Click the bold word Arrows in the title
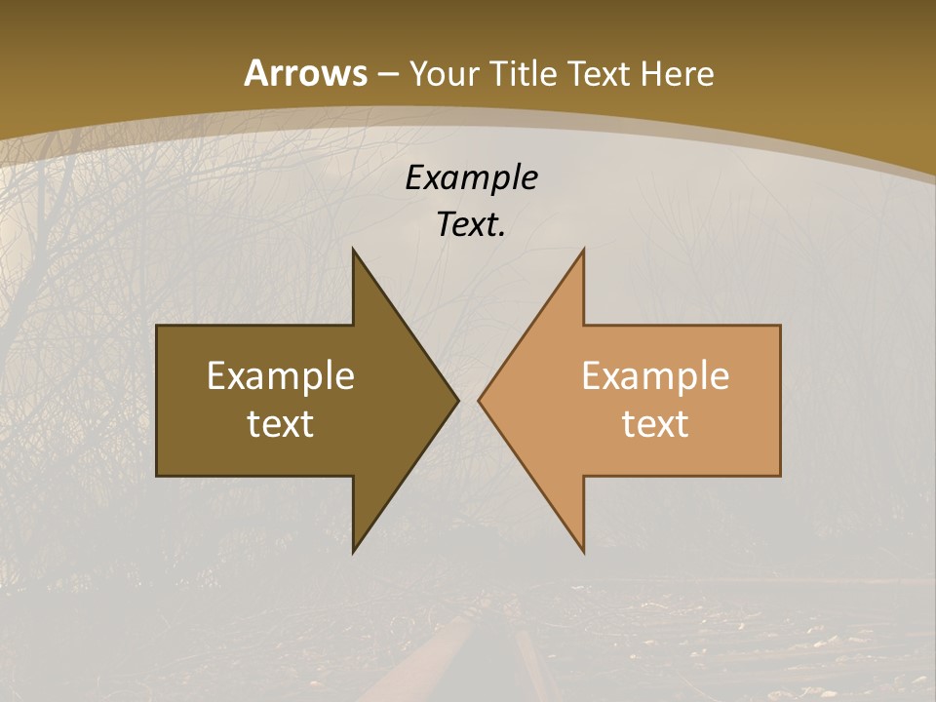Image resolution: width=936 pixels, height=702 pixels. (306, 73)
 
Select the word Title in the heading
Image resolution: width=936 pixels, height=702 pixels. (523, 74)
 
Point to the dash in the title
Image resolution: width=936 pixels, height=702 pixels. (388, 75)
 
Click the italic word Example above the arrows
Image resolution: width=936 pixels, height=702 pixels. (471, 177)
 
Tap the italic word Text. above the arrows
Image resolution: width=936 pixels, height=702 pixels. (471, 224)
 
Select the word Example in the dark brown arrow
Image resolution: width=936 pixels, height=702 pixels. (280, 375)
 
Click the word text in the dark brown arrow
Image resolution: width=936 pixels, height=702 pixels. (280, 423)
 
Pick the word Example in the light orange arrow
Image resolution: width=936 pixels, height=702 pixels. (655, 375)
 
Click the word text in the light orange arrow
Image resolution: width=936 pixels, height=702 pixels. (655, 423)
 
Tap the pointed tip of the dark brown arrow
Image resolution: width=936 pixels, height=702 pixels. (457, 400)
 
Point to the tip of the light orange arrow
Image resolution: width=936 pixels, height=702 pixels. (479, 400)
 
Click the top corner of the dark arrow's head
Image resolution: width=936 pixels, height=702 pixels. (353, 250)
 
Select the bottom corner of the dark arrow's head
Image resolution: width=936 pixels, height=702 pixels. (353, 552)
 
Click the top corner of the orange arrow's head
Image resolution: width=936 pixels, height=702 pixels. (583, 250)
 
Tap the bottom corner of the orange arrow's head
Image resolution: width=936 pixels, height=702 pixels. (583, 552)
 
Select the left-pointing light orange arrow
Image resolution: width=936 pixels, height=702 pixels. (634, 400)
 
